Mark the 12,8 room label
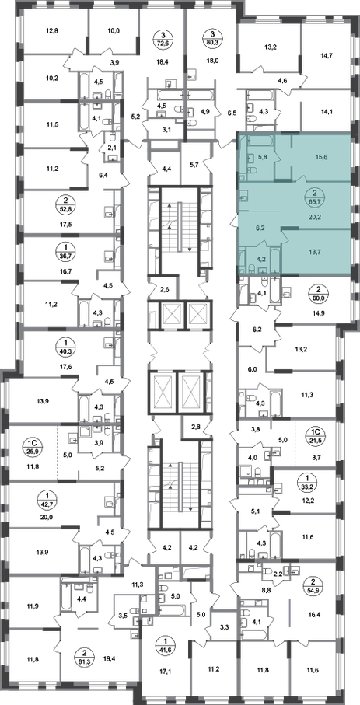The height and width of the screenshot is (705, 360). tap(52, 31)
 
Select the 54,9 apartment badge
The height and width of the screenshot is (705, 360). tap(310, 585)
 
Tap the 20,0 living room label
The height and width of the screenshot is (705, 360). tap(47, 517)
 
